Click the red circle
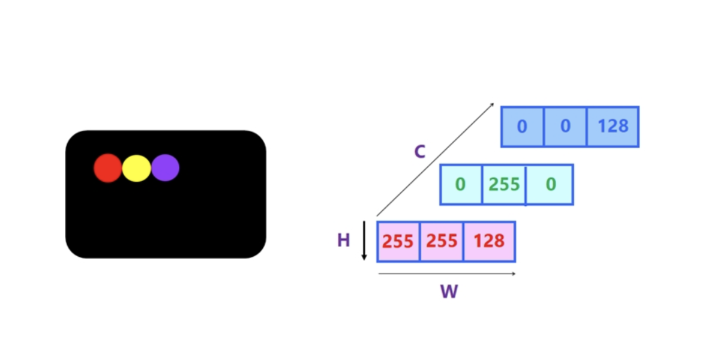pos(107,168)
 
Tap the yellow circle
pos(137,169)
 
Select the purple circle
pos(165,168)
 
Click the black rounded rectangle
pos(166,194)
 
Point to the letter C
pos(420,151)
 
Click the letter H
pos(344,240)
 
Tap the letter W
pos(449,292)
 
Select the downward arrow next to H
pos(364,241)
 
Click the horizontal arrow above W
pos(447,274)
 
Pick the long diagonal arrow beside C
pos(435,160)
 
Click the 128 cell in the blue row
pos(613,127)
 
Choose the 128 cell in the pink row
pos(490,241)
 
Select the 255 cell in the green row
pos(504,185)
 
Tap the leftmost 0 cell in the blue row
pos(523,127)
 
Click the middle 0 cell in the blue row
pos(565,127)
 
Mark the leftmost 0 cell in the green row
pos(461,185)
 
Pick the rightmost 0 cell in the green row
pos(550,185)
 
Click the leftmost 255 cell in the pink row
pos(398,241)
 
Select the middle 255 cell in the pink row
pos(442,241)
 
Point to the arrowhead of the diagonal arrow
pos(493,104)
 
